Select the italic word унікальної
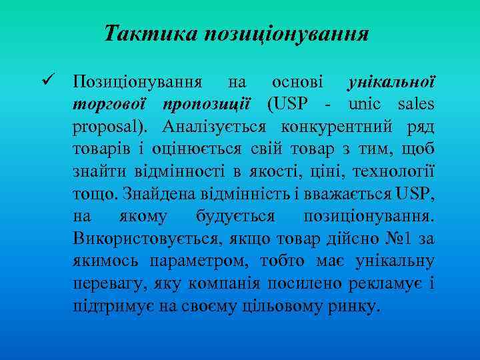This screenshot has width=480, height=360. pyautogui.click(x=391, y=83)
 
